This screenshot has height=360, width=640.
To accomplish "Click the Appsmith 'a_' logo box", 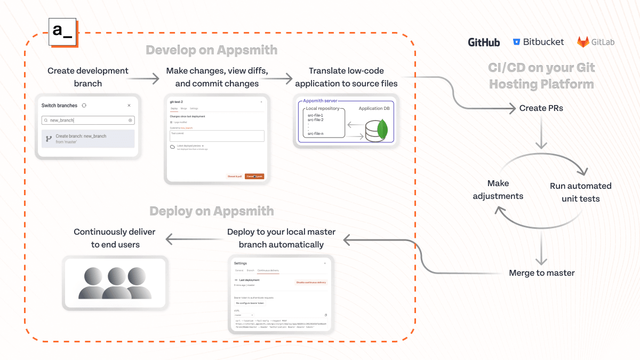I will click(x=62, y=31).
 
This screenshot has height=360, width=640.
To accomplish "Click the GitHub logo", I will click(x=484, y=42).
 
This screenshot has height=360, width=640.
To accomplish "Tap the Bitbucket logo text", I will click(x=543, y=42).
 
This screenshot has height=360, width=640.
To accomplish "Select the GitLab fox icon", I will click(x=583, y=42).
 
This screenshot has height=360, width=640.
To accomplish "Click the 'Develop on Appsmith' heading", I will click(x=211, y=50).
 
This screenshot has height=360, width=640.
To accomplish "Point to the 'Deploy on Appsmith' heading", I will click(x=211, y=211).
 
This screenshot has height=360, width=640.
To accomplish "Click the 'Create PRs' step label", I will click(x=541, y=108).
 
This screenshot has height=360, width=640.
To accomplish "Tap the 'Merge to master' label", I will click(x=541, y=273).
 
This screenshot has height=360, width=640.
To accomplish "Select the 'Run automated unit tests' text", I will click(x=580, y=192).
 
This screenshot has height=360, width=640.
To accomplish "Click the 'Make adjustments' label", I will click(x=498, y=189).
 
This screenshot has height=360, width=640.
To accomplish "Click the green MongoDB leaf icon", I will click(x=381, y=130).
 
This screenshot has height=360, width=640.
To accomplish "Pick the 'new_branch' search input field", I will click(x=88, y=121).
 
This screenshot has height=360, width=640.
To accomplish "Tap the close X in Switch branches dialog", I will click(x=129, y=106).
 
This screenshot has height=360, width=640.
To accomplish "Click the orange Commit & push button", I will click(x=254, y=177).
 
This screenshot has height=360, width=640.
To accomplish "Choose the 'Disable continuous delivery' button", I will click(x=311, y=282).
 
